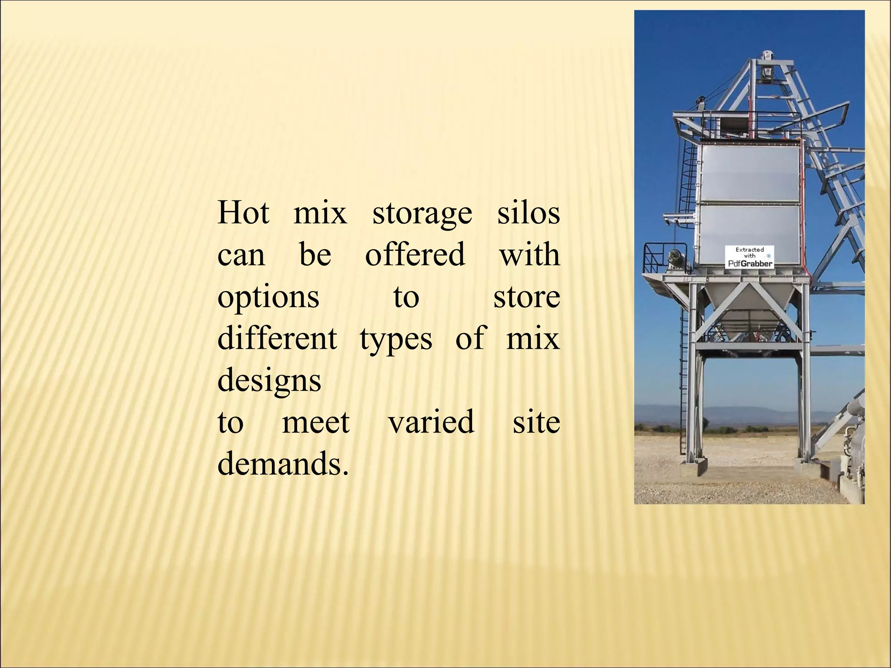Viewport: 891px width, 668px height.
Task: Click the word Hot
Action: click(243, 213)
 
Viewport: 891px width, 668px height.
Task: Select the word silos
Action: click(528, 213)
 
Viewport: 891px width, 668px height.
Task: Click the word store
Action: click(526, 297)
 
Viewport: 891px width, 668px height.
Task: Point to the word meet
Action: click(315, 422)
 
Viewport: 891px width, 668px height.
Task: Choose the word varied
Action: click(431, 422)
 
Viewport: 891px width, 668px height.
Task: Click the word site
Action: click(536, 422)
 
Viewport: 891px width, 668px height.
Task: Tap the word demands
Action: click(282, 464)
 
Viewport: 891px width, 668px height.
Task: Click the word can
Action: click(241, 256)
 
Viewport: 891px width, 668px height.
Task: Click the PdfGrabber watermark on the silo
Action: click(750, 257)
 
